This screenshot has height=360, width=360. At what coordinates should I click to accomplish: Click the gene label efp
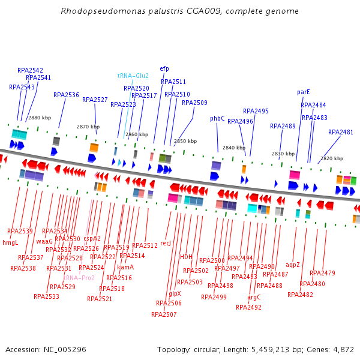pos(164,68)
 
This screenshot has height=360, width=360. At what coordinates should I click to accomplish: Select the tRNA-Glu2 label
pos(133,76)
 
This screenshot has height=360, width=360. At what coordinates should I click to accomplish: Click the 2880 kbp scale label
pos(40,118)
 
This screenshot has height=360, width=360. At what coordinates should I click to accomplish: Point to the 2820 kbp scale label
pos(332,158)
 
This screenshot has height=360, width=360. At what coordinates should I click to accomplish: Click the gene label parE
pos(304,92)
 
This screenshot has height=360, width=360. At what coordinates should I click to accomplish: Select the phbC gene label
pos(217,118)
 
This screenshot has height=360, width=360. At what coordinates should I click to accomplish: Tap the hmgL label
pos(11,243)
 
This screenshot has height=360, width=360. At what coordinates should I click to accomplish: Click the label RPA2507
pos(164,314)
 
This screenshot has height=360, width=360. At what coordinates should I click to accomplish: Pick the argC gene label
pos(254,297)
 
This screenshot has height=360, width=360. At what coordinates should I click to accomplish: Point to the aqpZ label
pos(293,265)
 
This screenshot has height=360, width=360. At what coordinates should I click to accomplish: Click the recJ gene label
pos(166,243)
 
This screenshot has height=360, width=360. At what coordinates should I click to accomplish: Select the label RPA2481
pos(341,132)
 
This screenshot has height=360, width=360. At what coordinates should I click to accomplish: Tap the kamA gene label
pos(125,267)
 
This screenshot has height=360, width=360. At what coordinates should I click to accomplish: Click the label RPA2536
pos(66,95)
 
